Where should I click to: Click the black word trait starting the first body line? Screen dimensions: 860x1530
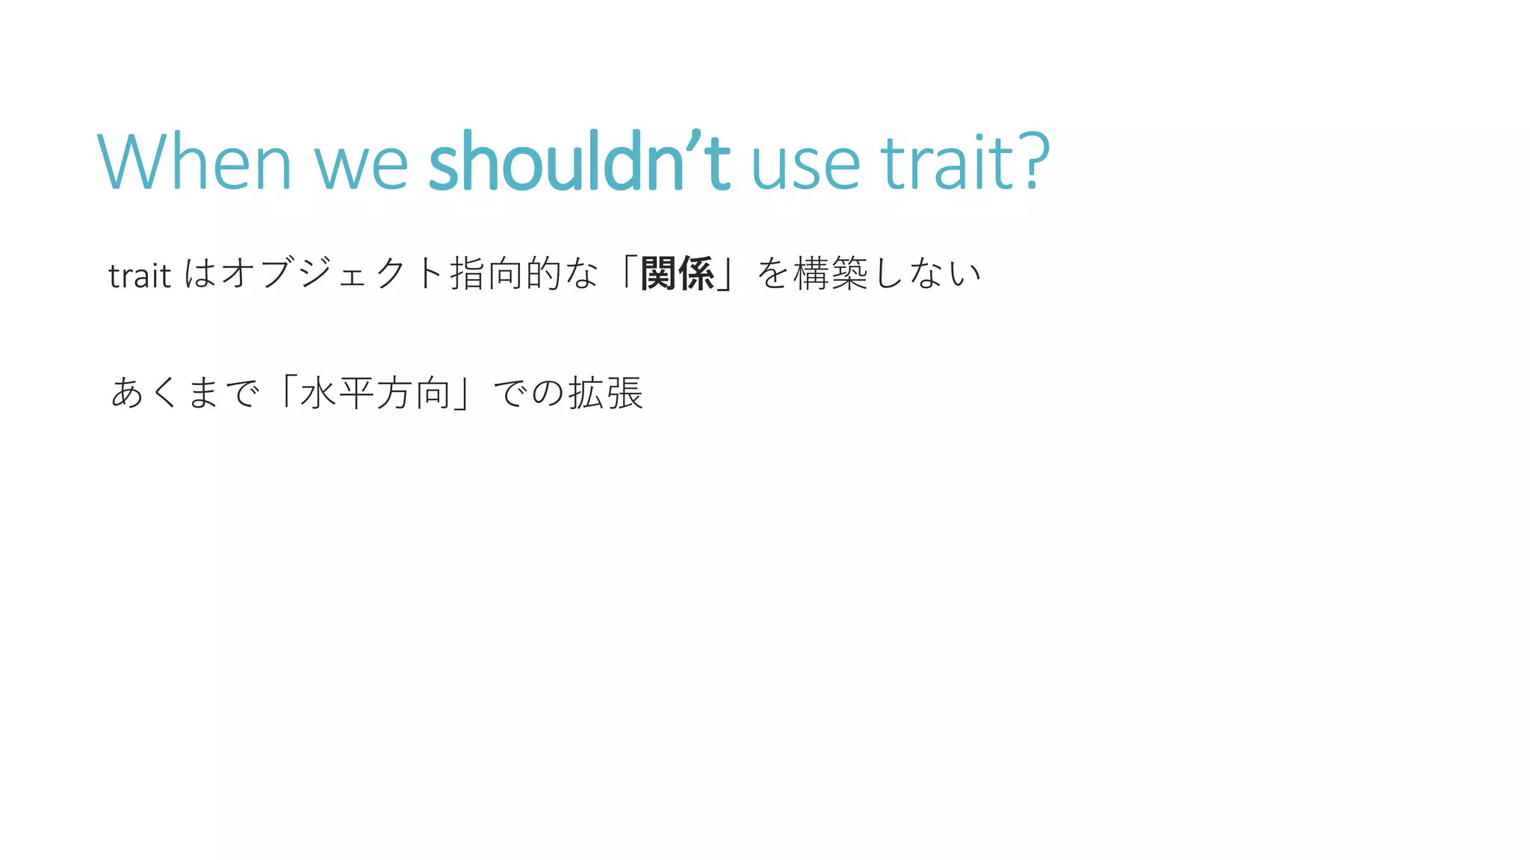pyautogui.click(x=140, y=275)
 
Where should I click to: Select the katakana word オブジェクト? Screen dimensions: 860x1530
pyautogui.click(x=333, y=273)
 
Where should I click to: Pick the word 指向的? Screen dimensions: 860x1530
pyautogui.click(x=506, y=273)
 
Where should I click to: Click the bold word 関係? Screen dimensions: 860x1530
pyautogui.click(x=678, y=273)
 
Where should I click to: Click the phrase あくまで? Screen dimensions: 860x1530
pyautogui.click(x=185, y=393)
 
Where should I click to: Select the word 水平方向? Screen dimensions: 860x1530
pyautogui.click(x=376, y=393)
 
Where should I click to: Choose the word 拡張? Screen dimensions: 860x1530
pyautogui.click(x=605, y=393)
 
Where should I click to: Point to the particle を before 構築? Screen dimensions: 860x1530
pyautogui.click(x=773, y=273)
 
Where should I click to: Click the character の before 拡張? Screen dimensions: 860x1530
pyautogui.click(x=548, y=393)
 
